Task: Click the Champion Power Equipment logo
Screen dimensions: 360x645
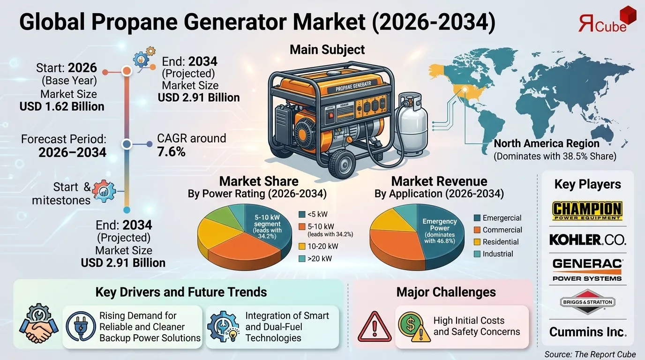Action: pos(587,210)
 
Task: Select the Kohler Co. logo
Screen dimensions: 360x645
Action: pos(587,240)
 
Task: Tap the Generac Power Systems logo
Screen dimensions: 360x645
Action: pos(587,270)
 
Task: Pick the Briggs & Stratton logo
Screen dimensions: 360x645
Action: pos(587,302)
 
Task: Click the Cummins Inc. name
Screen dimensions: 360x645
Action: pos(587,332)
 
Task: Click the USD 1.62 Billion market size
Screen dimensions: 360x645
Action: pos(62,106)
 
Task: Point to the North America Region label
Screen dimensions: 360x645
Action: pos(547,143)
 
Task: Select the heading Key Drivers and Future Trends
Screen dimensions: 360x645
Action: pos(181,292)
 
